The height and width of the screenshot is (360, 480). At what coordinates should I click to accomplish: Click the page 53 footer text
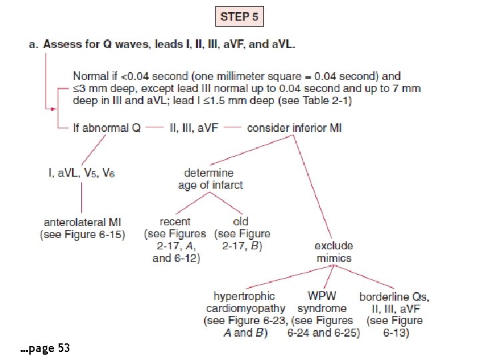point(45,348)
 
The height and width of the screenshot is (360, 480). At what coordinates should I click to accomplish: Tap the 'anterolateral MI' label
point(83,222)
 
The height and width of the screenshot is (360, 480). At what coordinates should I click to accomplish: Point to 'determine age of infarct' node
point(210,179)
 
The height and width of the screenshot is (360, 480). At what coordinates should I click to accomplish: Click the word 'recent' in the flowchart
point(175,221)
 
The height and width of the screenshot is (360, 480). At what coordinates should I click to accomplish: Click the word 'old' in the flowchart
point(241,221)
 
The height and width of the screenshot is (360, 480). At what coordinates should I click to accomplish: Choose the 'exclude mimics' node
point(333,252)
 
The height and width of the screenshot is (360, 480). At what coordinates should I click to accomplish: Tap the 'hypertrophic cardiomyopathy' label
point(245,302)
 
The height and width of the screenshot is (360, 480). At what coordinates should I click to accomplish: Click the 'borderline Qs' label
point(394,296)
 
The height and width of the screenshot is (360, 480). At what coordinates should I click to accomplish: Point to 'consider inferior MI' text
point(294,127)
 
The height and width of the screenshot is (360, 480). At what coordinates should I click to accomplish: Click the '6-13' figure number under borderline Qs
point(395,332)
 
